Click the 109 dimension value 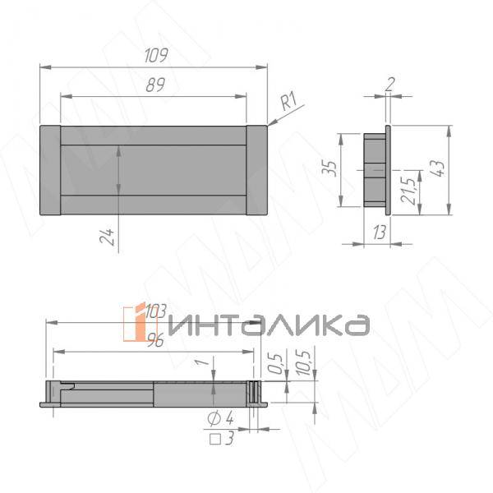pos(155,56)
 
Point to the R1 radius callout pos(288,103)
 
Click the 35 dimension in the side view pos(330,168)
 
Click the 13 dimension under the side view pos(379,233)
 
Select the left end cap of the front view pos(49,170)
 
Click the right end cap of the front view pos(256,170)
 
